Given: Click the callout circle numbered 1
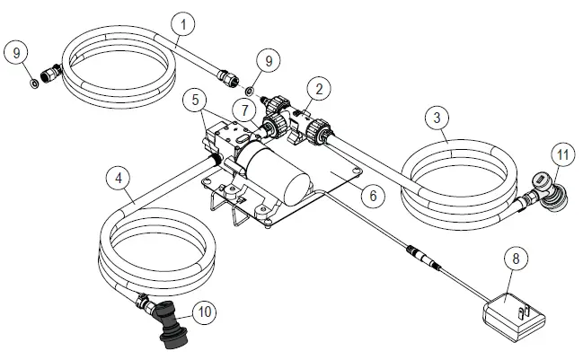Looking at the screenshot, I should [182, 22].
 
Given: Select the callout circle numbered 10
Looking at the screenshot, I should [205, 312].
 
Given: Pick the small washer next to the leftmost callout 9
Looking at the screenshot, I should [33, 84].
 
